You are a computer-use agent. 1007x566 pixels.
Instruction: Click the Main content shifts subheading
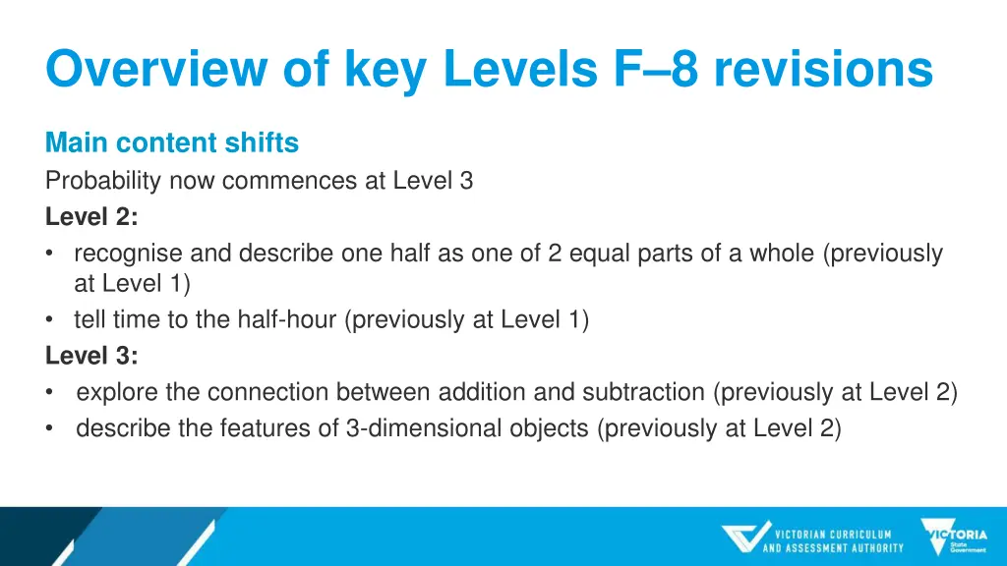click(172, 143)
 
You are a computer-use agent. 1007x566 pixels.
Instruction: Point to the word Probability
click(103, 181)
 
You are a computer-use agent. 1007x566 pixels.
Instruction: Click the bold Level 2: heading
click(91, 217)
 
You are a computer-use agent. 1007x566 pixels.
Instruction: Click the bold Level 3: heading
click(91, 356)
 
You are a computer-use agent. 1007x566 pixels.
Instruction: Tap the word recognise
click(128, 254)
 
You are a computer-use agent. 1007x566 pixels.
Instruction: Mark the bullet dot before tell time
click(50, 320)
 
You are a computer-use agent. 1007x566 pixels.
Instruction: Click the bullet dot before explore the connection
click(50, 393)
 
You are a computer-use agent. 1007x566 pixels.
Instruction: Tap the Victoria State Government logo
click(954, 538)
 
